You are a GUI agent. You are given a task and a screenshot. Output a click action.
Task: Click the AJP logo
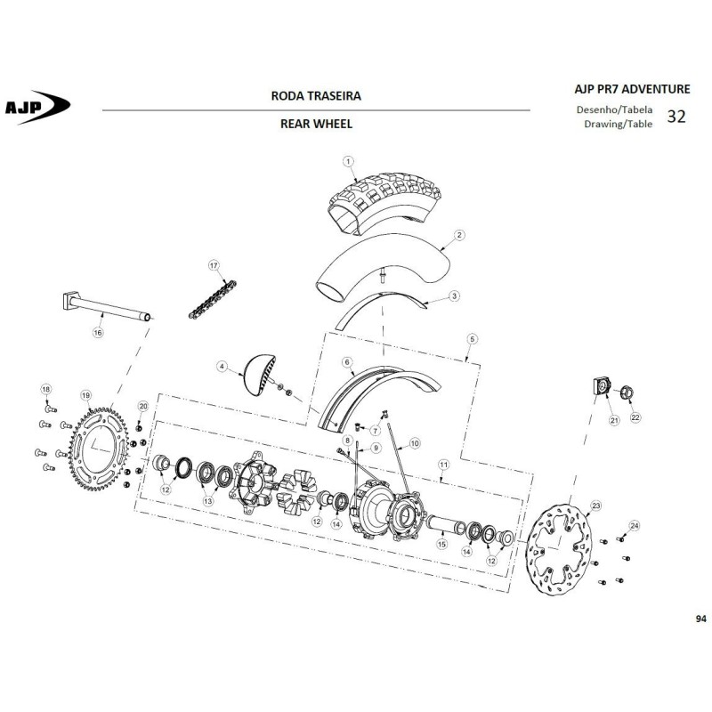click(x=37, y=107)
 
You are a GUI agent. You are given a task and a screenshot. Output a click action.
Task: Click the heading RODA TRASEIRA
click(x=316, y=96)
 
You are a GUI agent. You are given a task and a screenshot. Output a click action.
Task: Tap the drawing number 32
click(x=676, y=117)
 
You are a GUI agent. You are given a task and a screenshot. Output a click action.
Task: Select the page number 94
click(x=700, y=619)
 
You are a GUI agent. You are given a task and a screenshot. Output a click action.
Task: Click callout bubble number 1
click(x=348, y=161)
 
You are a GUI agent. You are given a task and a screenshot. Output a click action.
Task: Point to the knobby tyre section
click(x=385, y=203)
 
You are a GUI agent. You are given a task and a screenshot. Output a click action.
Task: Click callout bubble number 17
click(x=214, y=265)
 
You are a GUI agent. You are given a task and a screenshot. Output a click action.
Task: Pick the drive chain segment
click(x=213, y=300)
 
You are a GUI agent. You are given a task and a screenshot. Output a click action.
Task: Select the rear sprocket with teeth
click(x=99, y=449)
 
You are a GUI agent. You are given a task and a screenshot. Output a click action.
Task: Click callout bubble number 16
click(x=98, y=332)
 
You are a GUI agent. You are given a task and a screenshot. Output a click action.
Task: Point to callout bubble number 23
click(x=595, y=506)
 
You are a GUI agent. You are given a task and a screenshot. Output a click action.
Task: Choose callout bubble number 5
click(x=473, y=339)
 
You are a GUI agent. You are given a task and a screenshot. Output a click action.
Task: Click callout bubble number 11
click(x=443, y=465)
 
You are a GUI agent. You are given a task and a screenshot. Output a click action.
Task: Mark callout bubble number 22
click(x=635, y=417)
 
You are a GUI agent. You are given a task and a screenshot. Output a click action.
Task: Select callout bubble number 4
click(x=222, y=367)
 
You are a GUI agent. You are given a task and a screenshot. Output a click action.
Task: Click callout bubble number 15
click(x=441, y=544)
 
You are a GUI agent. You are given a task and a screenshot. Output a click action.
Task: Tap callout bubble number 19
click(x=85, y=395)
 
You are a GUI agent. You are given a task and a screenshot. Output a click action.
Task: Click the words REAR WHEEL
click(x=316, y=124)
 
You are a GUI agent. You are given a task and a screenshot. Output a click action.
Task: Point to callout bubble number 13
click(x=207, y=501)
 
